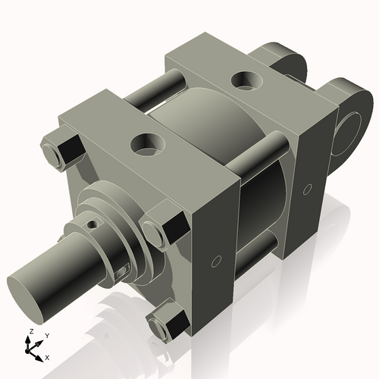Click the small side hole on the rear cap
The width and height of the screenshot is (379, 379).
click(x=307, y=187)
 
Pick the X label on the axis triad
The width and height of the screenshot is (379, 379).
click(x=48, y=356)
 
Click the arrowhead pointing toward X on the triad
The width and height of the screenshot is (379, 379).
click(x=39, y=354)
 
